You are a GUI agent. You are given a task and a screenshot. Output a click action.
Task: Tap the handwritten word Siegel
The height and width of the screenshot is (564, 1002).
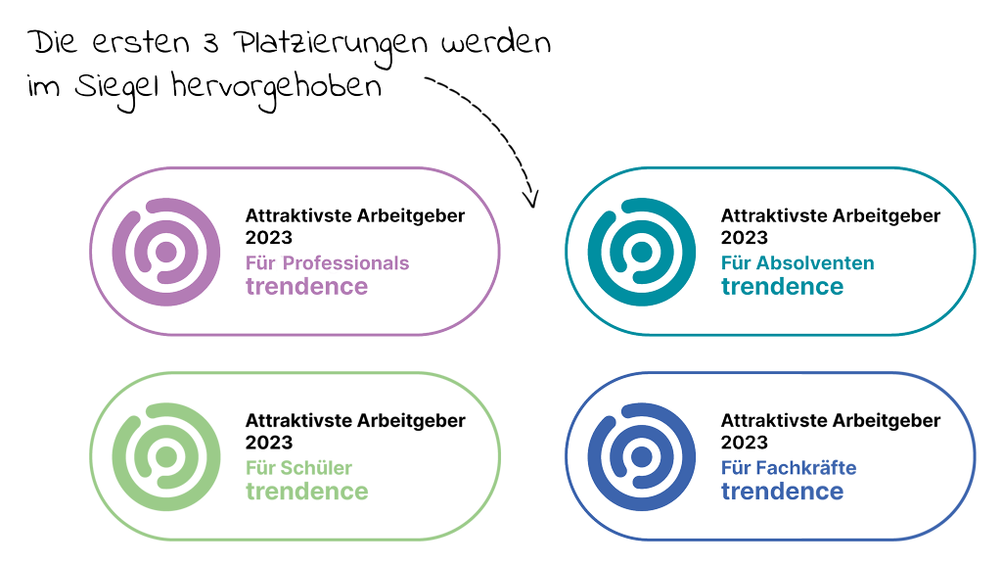117,87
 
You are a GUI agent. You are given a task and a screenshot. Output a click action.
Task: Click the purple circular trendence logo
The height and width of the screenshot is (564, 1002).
162,251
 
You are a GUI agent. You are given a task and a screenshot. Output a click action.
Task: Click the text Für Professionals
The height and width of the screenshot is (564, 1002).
327,263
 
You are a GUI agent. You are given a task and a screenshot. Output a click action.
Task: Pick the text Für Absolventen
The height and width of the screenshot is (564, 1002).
797,263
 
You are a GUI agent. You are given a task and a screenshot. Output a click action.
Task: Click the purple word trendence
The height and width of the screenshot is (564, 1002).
306,287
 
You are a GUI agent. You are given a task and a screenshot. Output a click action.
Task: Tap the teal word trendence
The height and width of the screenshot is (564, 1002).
782,287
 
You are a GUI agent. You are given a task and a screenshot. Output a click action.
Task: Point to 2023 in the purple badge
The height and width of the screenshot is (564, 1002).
268,237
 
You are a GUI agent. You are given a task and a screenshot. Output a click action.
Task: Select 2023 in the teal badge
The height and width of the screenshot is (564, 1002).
744,237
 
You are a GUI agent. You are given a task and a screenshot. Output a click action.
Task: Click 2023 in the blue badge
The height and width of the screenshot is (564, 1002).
744,443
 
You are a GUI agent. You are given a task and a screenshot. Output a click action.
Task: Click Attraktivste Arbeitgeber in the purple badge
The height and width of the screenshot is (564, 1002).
354,215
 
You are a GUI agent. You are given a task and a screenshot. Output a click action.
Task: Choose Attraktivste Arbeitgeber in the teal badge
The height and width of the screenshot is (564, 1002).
830,215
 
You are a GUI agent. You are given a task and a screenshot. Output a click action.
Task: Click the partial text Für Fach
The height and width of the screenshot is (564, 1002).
759,468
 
